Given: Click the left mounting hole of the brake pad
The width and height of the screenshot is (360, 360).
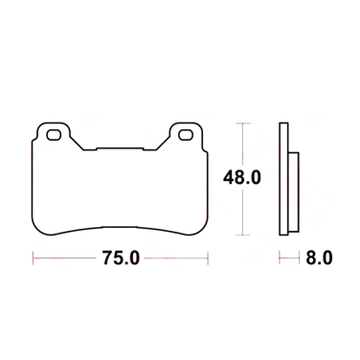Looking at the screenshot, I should click(x=54, y=136).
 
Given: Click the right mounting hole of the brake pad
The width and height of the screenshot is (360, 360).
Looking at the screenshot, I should click(x=182, y=136).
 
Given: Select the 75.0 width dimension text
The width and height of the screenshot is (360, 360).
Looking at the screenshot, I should click(x=120, y=258).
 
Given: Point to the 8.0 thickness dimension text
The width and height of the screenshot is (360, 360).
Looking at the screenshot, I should click(x=320, y=258).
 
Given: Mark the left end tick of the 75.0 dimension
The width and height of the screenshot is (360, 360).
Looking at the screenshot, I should click(x=34, y=258).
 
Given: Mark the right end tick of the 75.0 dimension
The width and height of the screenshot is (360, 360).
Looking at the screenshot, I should click(x=205, y=258).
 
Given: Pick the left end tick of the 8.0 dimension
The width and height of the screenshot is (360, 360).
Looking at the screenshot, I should click(x=281, y=258).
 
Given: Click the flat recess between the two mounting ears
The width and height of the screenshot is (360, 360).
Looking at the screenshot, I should click(x=119, y=149).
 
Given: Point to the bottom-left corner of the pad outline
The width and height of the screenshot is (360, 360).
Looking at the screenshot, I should click(x=36, y=234).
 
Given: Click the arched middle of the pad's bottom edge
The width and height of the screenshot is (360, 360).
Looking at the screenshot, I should click(x=119, y=227).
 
